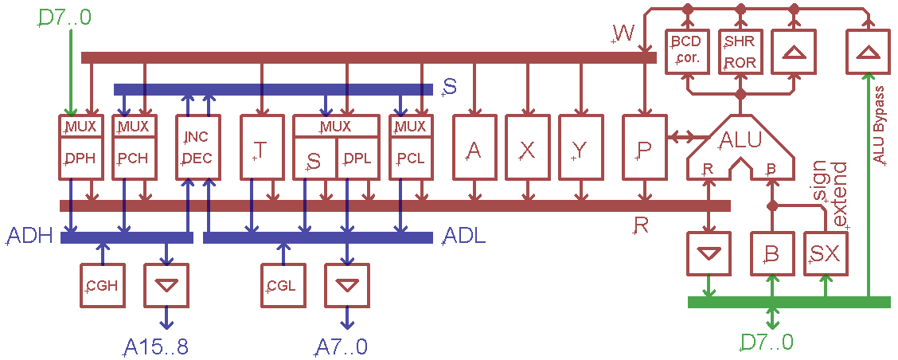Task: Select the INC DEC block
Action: [197, 148]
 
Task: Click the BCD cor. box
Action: [686, 51]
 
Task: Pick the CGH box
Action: [103, 285]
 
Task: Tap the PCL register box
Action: [409, 158]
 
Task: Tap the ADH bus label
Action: [29, 237]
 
